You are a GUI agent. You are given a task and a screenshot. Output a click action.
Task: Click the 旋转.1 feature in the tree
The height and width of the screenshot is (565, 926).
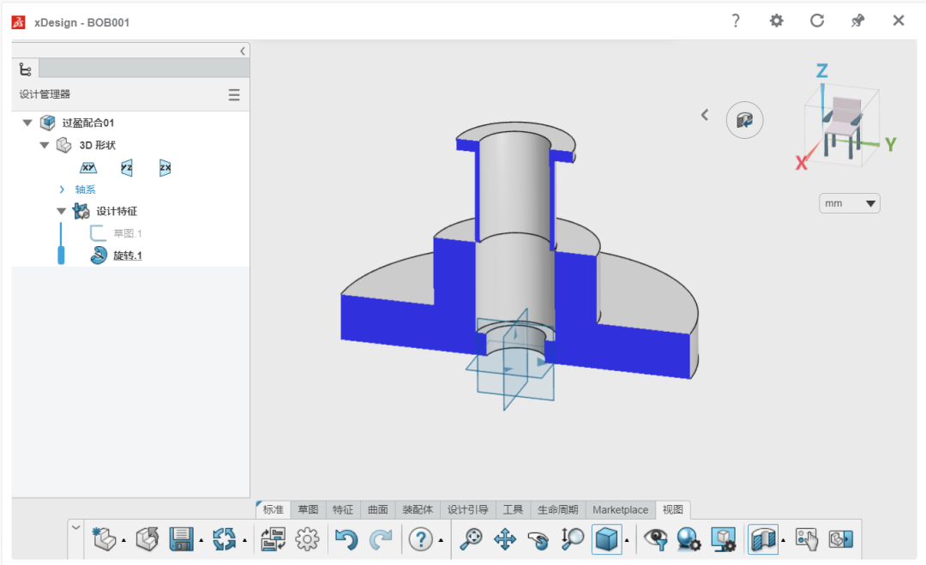[x=128, y=255]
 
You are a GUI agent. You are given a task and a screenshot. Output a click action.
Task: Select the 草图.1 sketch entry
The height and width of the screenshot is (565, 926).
[x=128, y=233]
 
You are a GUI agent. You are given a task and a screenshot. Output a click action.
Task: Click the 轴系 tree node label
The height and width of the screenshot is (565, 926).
[x=85, y=189]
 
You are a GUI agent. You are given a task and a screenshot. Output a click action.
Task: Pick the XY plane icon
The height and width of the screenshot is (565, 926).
[x=88, y=168]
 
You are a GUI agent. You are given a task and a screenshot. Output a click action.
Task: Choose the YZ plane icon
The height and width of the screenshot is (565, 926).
[x=126, y=168]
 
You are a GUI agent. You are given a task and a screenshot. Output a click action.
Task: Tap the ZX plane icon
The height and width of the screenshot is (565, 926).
[x=165, y=168]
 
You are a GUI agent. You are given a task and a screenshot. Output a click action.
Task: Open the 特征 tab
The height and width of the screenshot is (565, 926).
[x=342, y=509]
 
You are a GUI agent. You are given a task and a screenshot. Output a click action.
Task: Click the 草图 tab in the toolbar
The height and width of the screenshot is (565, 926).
[x=308, y=509]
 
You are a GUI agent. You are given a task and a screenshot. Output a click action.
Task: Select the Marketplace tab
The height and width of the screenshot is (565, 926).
[x=620, y=509]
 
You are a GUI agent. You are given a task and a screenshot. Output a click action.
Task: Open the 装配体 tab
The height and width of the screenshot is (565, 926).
[x=418, y=509]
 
